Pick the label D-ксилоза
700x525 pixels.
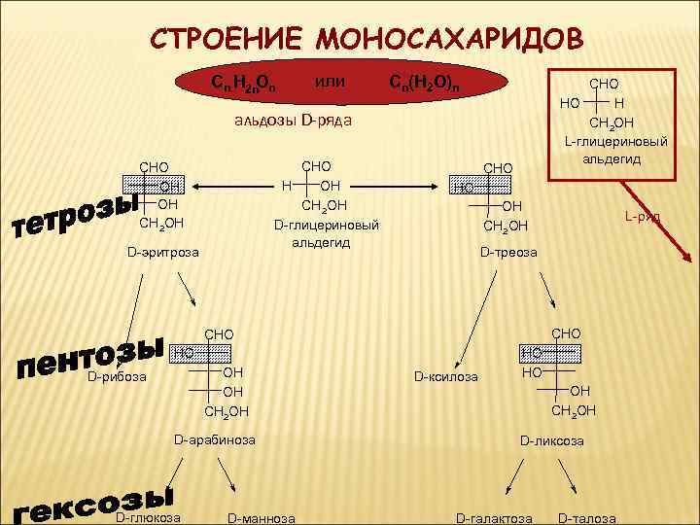pos(446,375)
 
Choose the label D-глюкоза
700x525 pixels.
pos(148,516)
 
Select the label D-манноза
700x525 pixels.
pos(261,517)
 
